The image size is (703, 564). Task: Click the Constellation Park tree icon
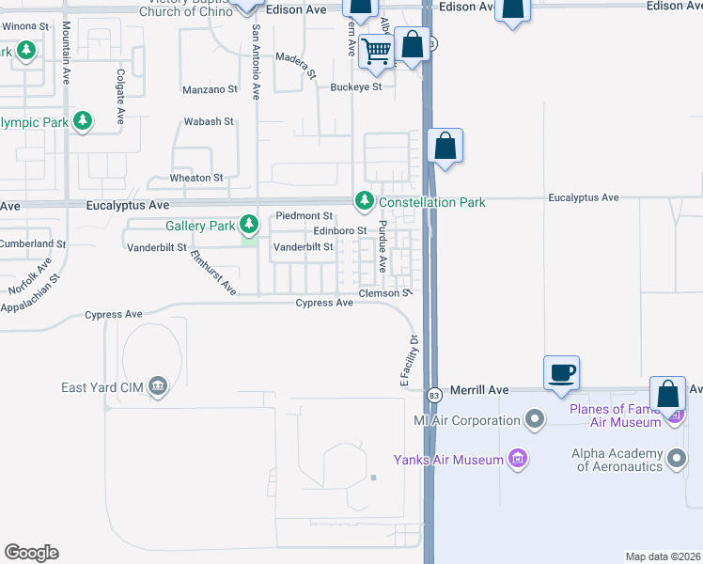[364, 201]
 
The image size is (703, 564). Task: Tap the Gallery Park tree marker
[249, 225]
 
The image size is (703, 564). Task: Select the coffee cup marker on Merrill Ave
[562, 371]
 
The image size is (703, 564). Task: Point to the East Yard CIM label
[101, 386]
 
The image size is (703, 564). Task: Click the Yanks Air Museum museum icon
[517, 459]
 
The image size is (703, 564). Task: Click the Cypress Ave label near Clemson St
[324, 303]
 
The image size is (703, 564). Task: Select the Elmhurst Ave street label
[213, 274]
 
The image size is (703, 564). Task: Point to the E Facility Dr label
[407, 361]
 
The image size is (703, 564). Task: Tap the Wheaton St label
[195, 178]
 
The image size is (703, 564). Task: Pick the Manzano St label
[211, 89]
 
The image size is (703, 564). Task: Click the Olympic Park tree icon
[84, 121]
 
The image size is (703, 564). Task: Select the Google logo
[31, 553]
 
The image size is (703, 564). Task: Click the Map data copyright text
[663, 556]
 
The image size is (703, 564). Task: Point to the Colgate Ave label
[120, 97]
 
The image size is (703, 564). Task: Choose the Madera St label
[297, 57]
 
